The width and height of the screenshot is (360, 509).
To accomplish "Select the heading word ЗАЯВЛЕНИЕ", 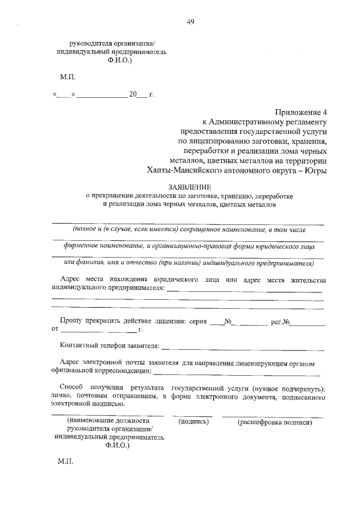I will pos(190,186).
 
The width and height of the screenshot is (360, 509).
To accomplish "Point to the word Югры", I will pos(316,170).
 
